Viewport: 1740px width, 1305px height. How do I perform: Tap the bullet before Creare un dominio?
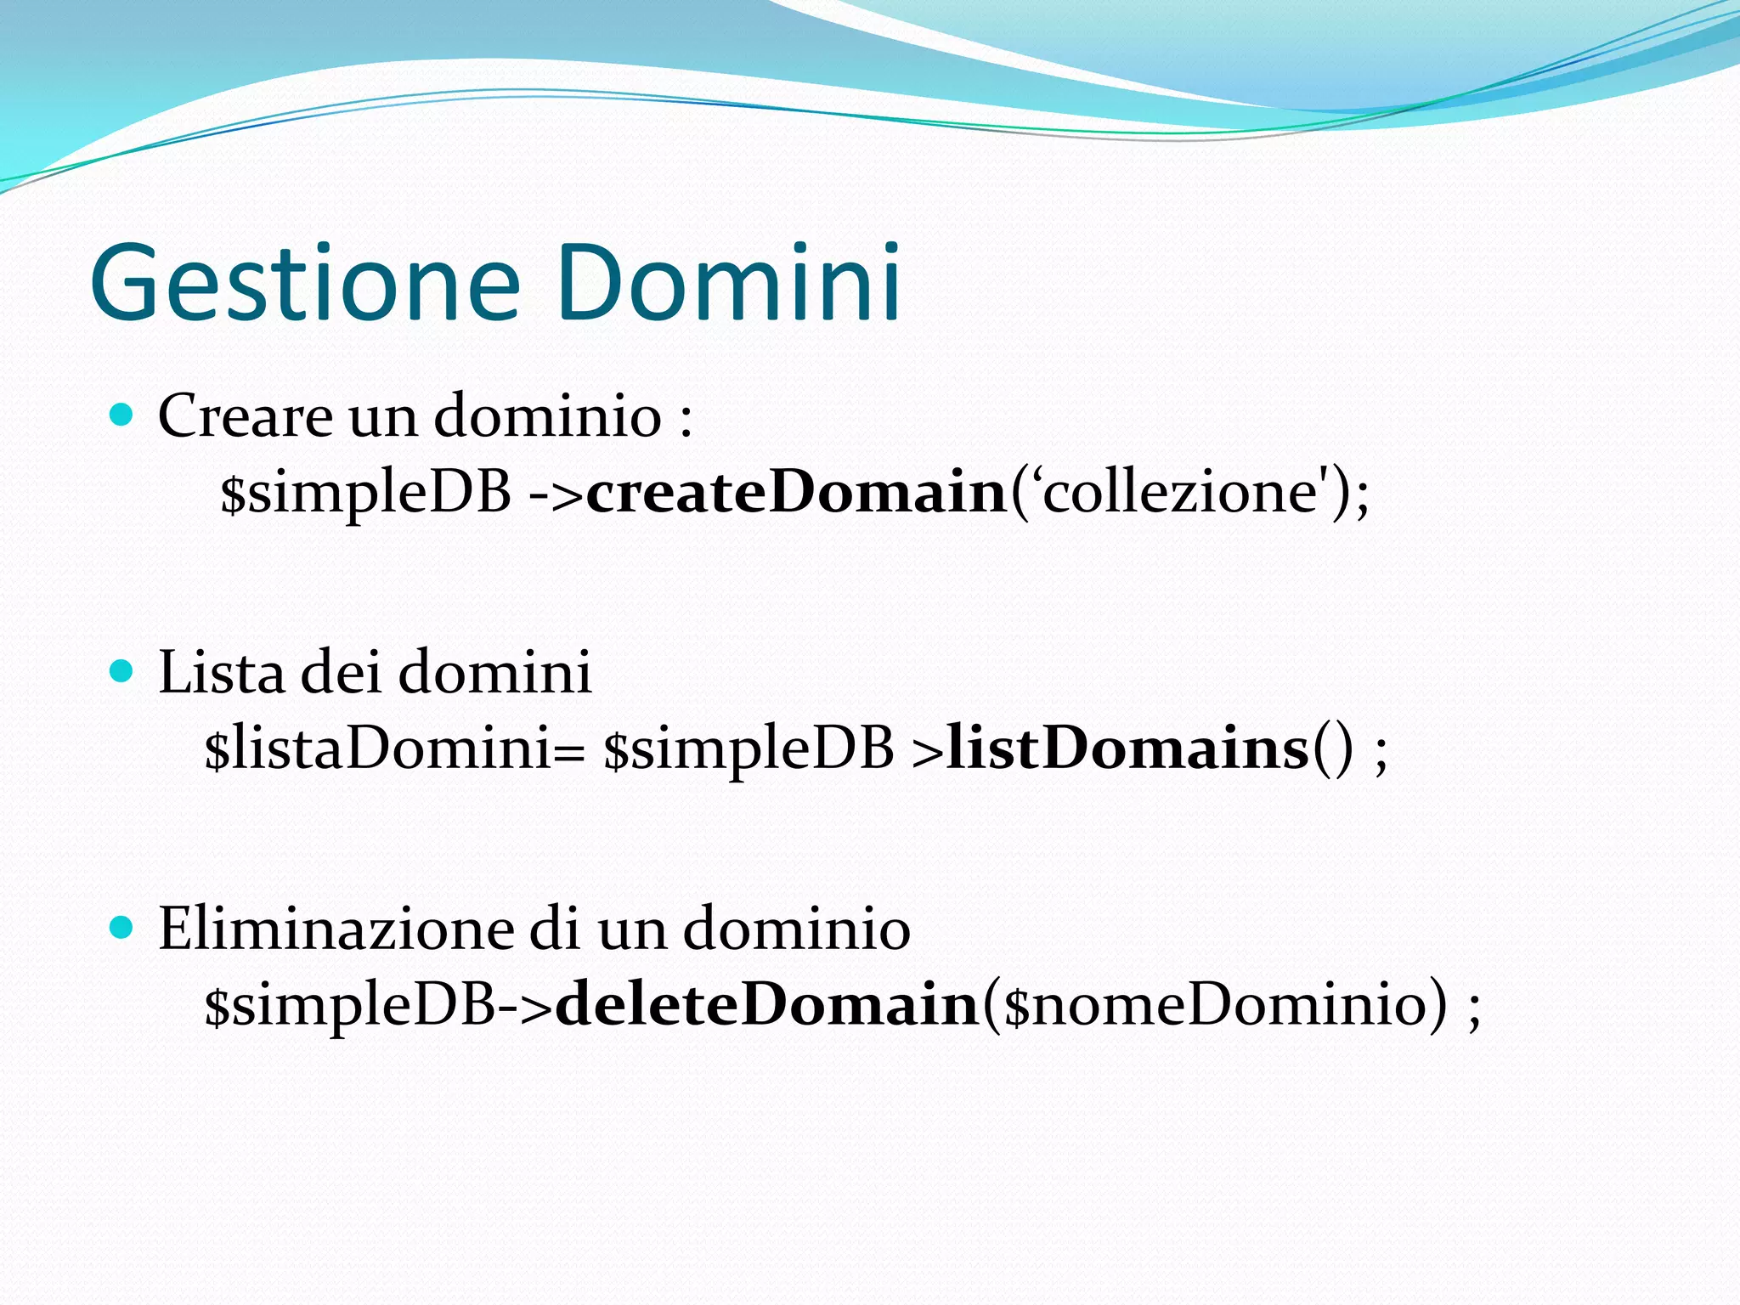click(122, 415)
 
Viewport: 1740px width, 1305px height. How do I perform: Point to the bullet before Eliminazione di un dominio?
click(122, 928)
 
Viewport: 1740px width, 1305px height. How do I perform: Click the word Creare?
click(246, 416)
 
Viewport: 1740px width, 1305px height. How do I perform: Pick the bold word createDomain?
click(796, 493)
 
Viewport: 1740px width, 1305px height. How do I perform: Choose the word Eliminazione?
click(336, 929)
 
